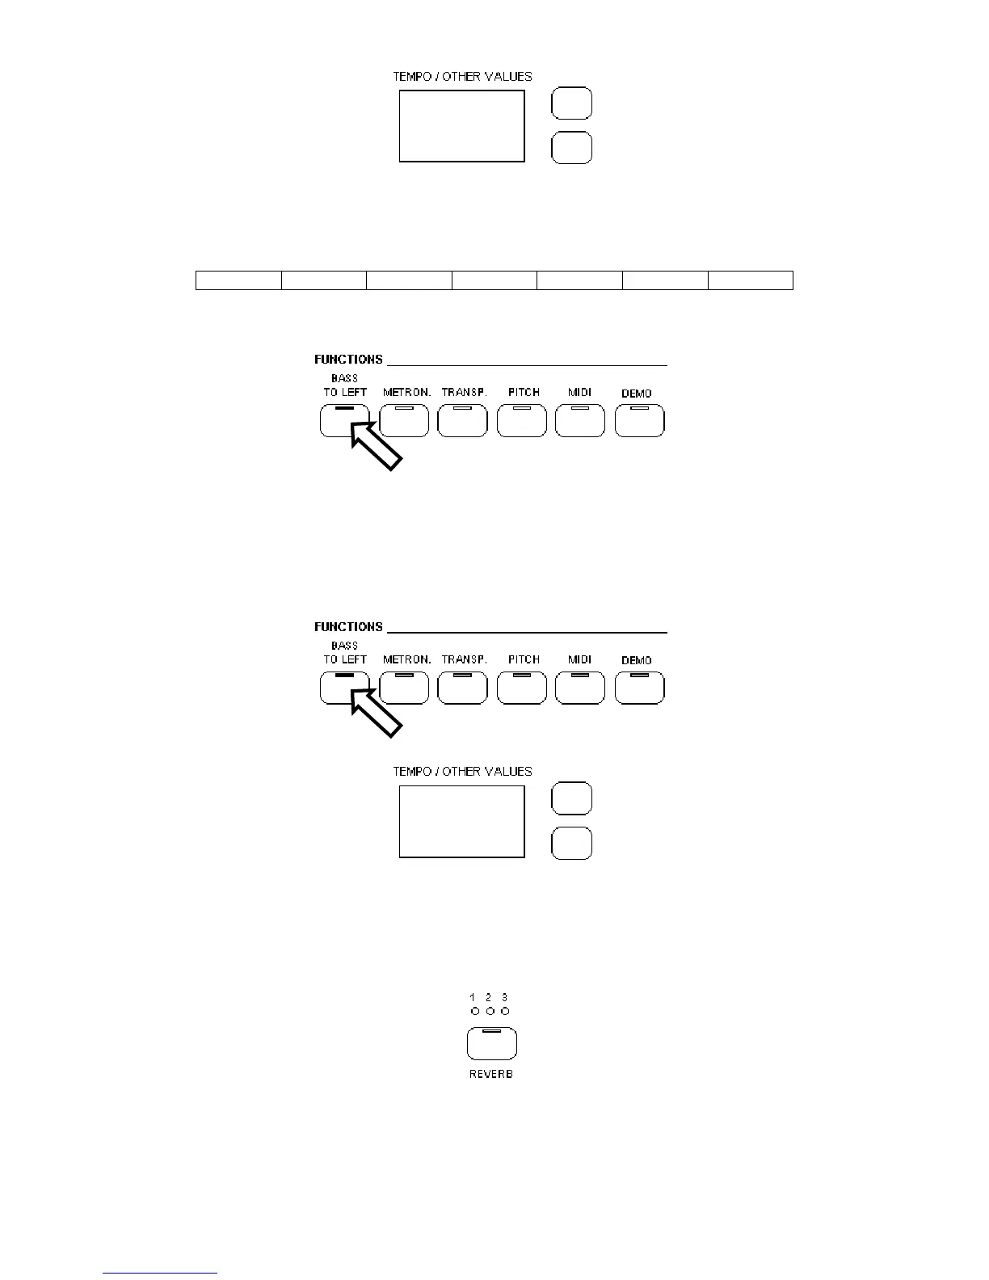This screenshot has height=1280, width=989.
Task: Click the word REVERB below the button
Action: (x=491, y=1074)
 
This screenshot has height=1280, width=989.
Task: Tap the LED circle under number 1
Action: (x=475, y=1011)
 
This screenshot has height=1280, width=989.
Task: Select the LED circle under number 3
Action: (x=506, y=1011)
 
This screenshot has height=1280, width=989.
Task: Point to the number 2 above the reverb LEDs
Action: (x=489, y=998)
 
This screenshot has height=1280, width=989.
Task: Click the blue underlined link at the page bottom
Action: (x=160, y=1274)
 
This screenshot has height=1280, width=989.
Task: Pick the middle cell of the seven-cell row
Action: (x=494, y=280)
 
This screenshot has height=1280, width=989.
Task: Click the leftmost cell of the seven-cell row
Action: (x=238, y=280)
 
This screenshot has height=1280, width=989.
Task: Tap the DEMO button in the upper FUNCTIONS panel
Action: (x=639, y=421)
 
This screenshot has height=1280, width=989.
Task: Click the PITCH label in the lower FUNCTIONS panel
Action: (x=524, y=659)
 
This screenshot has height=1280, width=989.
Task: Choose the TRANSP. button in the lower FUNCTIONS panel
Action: (x=462, y=688)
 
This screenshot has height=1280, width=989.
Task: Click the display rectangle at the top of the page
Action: (x=461, y=126)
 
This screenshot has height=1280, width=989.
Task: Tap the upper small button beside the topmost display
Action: (x=571, y=103)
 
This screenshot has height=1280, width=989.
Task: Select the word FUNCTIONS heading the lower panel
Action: (x=348, y=627)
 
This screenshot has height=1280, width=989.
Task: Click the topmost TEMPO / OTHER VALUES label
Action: (x=462, y=77)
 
